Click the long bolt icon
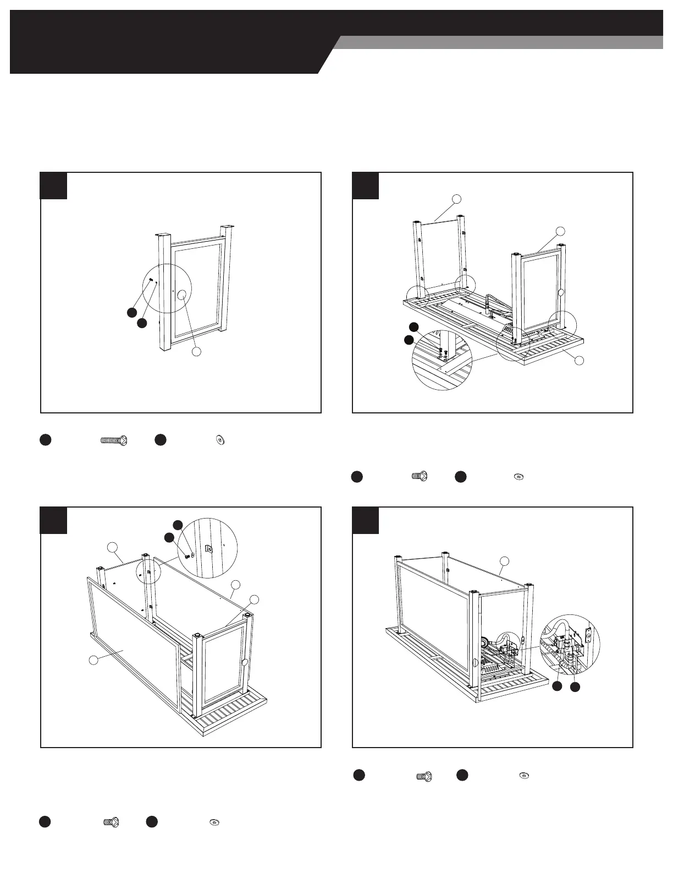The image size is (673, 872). coord(114,440)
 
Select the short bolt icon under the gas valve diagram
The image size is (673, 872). coord(423,776)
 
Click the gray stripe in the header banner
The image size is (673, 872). coord(500,42)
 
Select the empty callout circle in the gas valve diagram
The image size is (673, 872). coord(504,561)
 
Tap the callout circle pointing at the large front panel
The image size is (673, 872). coord(95,659)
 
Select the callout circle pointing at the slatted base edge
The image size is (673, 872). coord(578,361)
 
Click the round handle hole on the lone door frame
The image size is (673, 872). coord(181,295)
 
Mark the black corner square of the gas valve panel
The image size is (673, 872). coord(365,520)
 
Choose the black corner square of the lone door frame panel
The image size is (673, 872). coord(54,186)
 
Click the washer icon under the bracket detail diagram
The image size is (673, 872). coord(213,822)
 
